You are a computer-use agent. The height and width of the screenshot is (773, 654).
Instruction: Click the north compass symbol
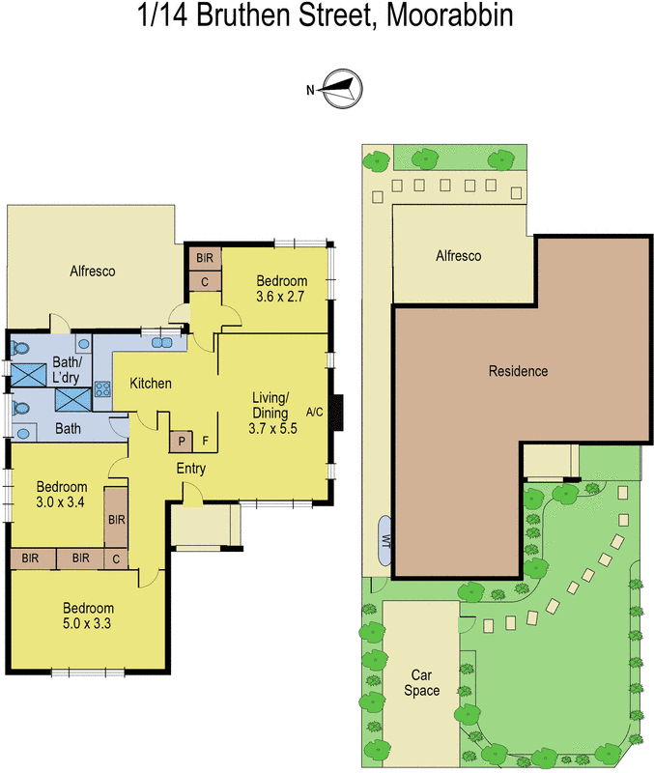341,90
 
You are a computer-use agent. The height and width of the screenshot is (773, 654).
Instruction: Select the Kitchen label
151,384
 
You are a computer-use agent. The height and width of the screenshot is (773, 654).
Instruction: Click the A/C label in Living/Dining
314,413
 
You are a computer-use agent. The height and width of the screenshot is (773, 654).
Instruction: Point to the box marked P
182,442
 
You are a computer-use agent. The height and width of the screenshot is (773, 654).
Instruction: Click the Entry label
190,469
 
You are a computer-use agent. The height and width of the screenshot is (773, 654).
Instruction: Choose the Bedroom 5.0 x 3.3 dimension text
88,623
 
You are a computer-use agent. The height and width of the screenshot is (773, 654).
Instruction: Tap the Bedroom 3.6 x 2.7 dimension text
280,297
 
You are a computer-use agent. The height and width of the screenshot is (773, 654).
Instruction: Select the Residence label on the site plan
518,371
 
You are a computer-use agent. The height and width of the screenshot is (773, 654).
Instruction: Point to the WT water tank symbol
384,539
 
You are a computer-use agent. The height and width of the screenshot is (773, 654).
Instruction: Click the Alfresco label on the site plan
458,256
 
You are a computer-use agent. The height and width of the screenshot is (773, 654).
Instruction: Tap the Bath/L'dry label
67,369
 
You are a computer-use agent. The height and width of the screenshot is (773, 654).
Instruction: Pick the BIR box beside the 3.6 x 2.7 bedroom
205,258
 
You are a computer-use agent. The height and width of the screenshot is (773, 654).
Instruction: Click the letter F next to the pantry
205,442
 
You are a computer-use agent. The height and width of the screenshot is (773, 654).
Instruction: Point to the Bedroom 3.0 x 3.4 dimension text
63,501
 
